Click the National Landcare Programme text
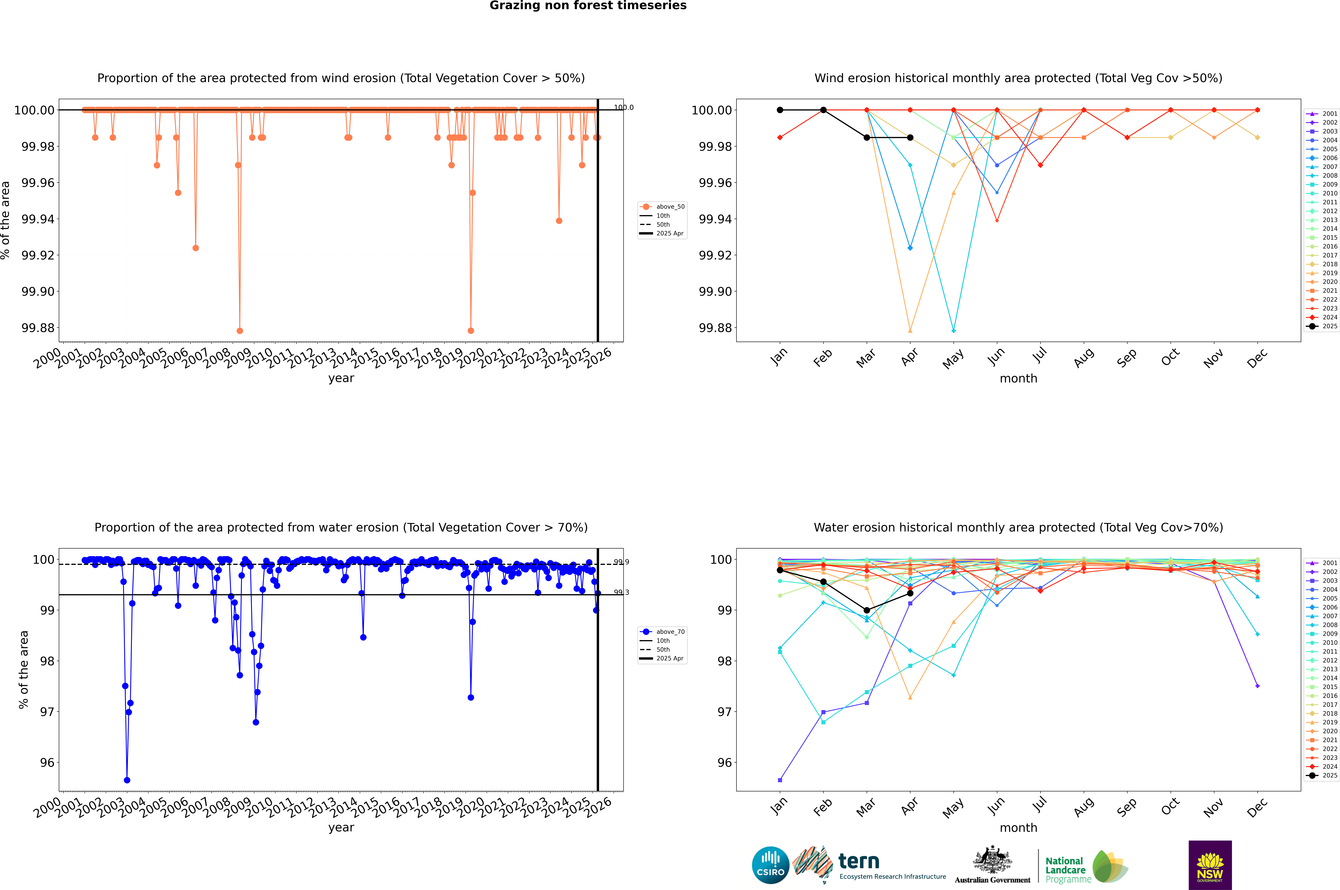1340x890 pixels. tap(1066, 870)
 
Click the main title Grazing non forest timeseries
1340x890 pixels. tap(588, 6)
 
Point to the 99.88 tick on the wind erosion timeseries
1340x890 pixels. tap(38, 328)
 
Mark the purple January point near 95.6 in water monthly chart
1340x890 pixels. tap(780, 780)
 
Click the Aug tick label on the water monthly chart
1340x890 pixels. tap(1083, 807)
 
